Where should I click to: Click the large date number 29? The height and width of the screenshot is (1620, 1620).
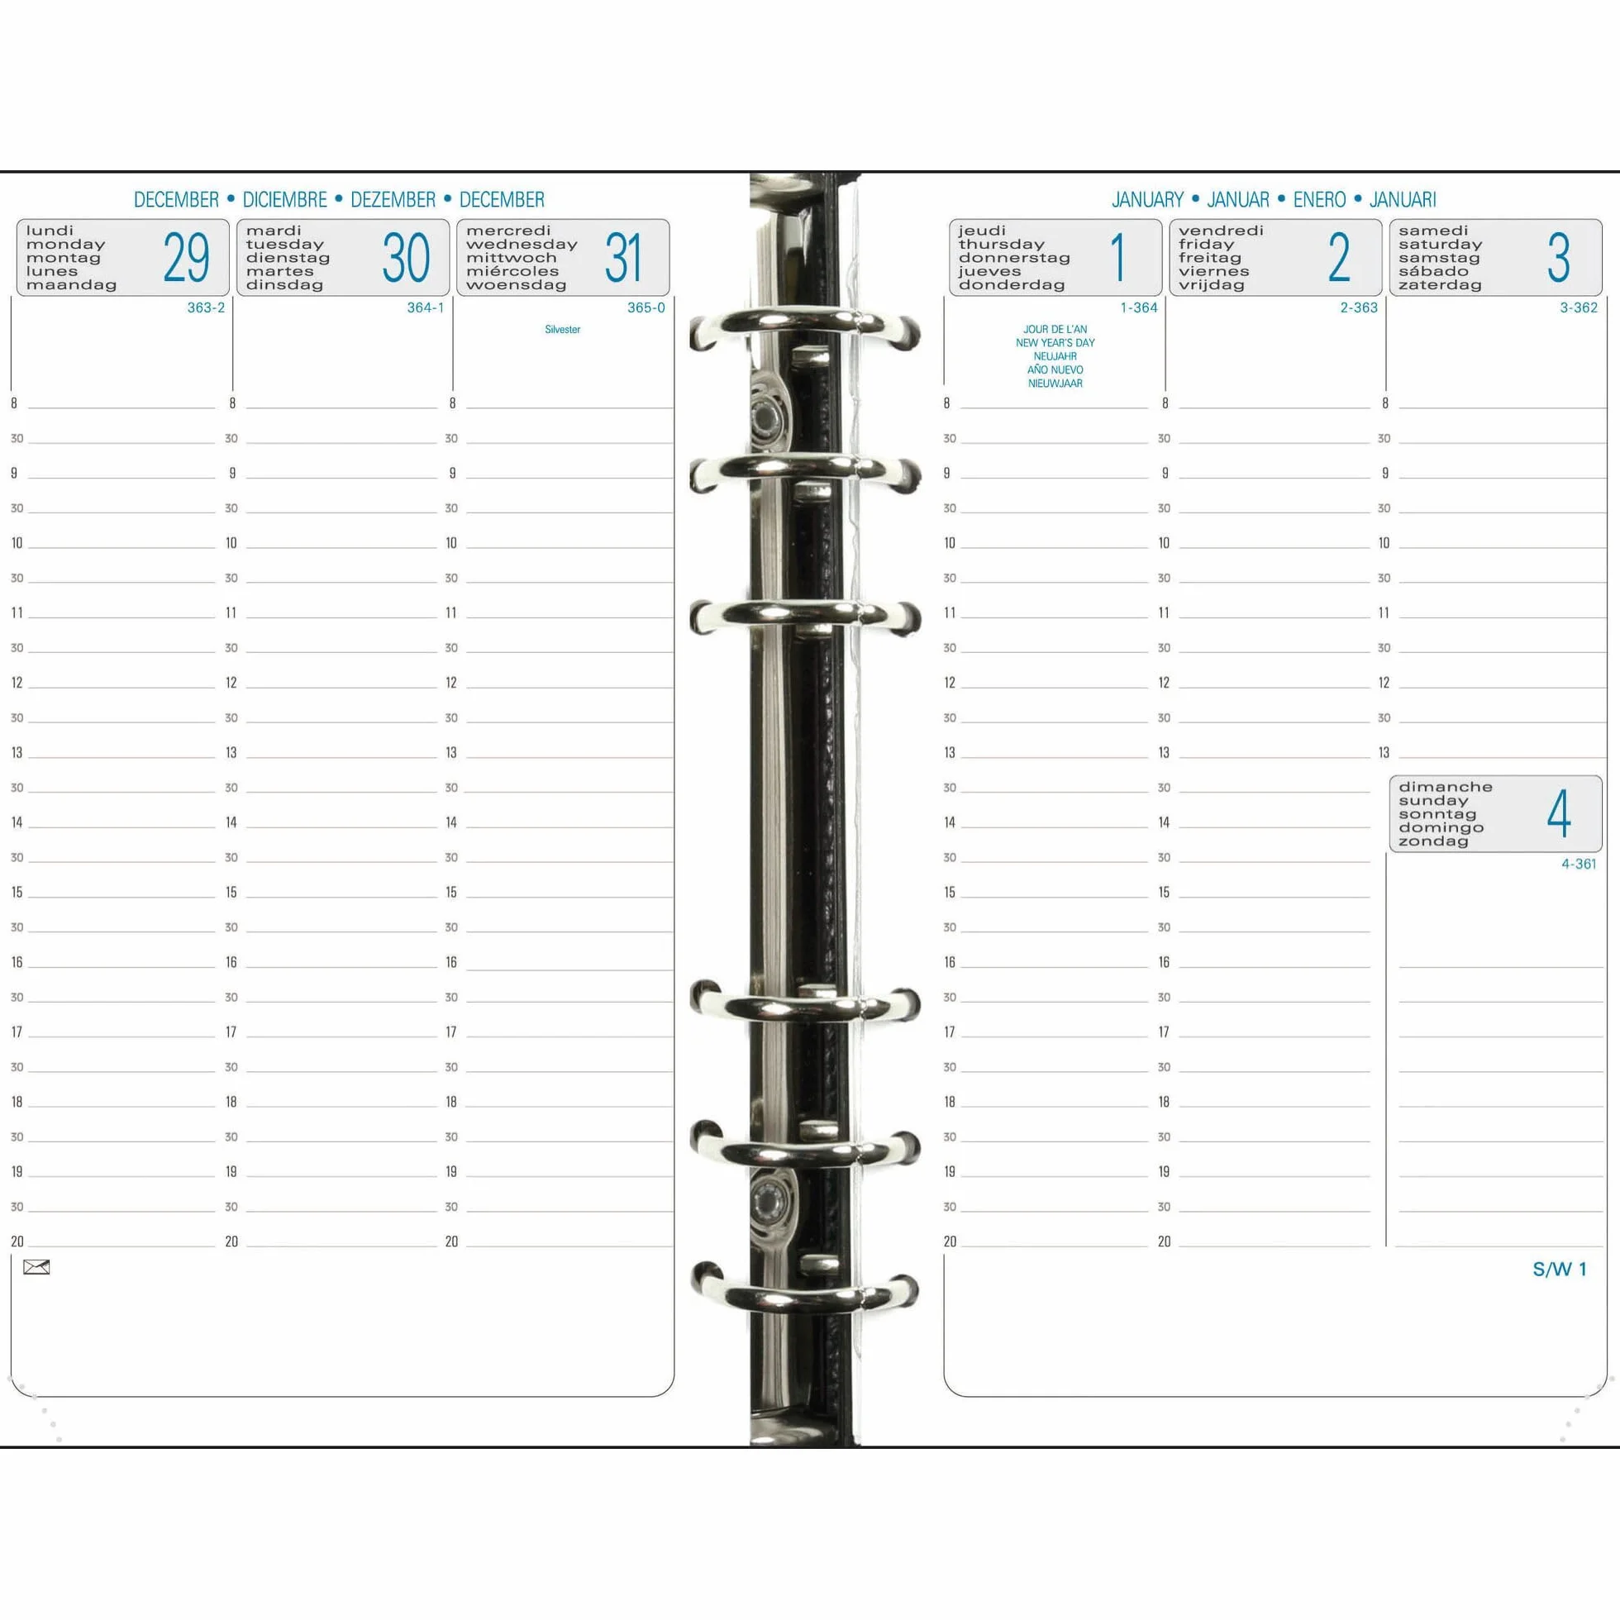point(186,257)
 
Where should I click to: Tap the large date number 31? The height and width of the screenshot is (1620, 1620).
point(624,257)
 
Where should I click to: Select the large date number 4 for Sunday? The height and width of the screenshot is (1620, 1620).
point(1559,813)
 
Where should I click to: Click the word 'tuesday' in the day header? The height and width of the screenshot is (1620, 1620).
point(285,244)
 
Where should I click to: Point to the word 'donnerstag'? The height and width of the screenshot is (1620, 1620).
point(1015,257)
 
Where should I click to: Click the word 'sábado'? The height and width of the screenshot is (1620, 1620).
point(1434,271)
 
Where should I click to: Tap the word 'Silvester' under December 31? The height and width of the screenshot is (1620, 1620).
point(563,330)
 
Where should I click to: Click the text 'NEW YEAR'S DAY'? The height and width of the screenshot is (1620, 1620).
point(1055,343)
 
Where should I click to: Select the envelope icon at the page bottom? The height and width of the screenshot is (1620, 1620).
point(37,1267)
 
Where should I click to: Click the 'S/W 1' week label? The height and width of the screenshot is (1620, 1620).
point(1560,1269)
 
